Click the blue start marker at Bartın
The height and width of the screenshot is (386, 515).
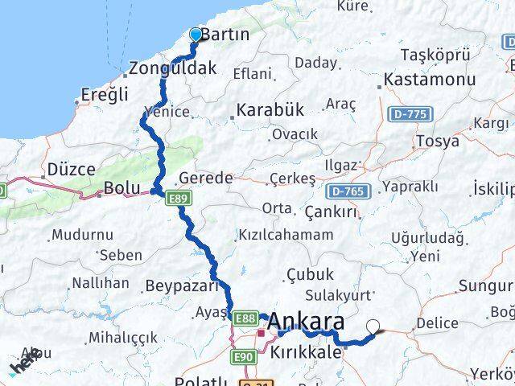pyautogui.click(x=196, y=34)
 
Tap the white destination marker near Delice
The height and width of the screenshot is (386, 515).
pyautogui.click(x=373, y=326)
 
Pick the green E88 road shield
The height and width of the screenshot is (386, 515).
pyautogui.click(x=245, y=319)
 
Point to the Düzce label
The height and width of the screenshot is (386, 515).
pyautogui.click(x=71, y=170)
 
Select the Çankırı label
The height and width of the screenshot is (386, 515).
pyautogui.click(x=331, y=211)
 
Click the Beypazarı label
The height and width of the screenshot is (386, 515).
pyautogui.click(x=182, y=285)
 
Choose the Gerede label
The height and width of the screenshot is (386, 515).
pyautogui.click(x=205, y=178)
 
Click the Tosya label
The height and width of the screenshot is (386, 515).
pyautogui.click(x=438, y=142)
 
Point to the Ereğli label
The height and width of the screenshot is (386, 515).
pyautogui.click(x=105, y=95)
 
